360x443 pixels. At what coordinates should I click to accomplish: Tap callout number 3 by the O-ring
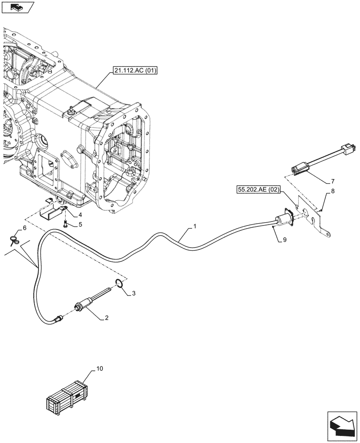134,293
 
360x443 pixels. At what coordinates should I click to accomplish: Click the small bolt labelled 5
65,223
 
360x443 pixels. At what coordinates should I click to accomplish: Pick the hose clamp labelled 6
13,240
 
